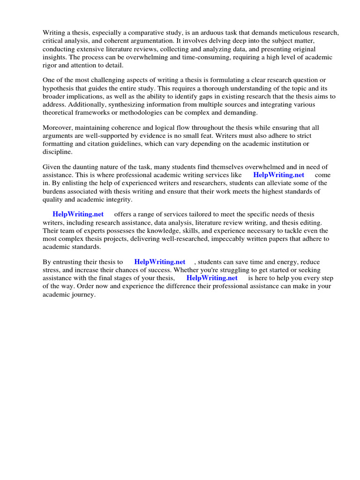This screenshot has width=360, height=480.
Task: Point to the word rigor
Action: coord(50,65)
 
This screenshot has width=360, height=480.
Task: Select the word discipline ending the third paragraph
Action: coord(57,152)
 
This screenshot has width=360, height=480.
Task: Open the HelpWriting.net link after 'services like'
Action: coord(279,175)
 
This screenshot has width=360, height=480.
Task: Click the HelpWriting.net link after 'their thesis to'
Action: coord(160,262)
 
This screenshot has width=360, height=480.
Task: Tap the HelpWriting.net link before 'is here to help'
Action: coord(212,278)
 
